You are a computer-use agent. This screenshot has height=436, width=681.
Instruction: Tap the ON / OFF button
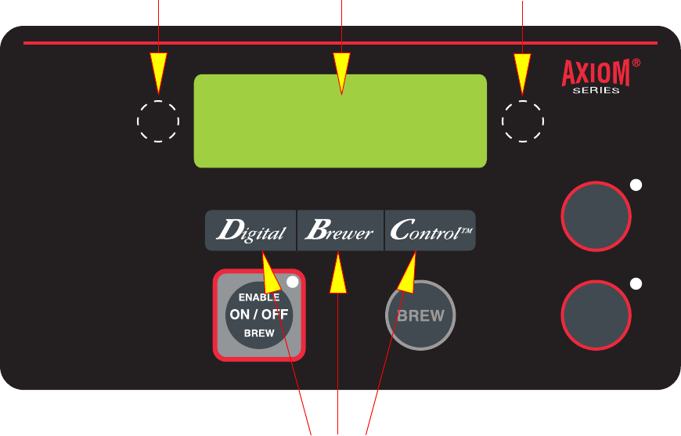click(x=258, y=315)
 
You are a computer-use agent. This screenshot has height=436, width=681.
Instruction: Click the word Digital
click(x=250, y=231)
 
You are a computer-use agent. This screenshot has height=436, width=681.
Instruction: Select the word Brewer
click(x=340, y=231)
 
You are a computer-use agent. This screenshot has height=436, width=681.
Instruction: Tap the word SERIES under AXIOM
click(x=596, y=90)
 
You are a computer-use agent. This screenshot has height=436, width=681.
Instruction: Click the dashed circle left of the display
click(x=158, y=121)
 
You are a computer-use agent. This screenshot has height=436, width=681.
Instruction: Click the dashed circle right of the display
click(x=523, y=121)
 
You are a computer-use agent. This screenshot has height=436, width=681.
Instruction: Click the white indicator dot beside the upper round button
click(x=636, y=186)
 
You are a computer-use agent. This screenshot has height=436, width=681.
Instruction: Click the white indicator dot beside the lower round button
click(x=636, y=283)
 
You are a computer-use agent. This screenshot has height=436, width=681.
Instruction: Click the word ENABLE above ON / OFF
click(x=258, y=297)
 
